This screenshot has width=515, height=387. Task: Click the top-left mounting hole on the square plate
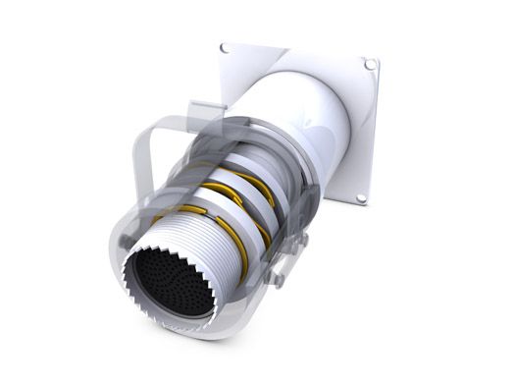[225, 47]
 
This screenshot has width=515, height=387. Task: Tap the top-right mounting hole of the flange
[370, 65]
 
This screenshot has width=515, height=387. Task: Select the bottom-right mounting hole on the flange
[361, 198]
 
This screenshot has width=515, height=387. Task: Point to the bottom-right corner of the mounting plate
[367, 207]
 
